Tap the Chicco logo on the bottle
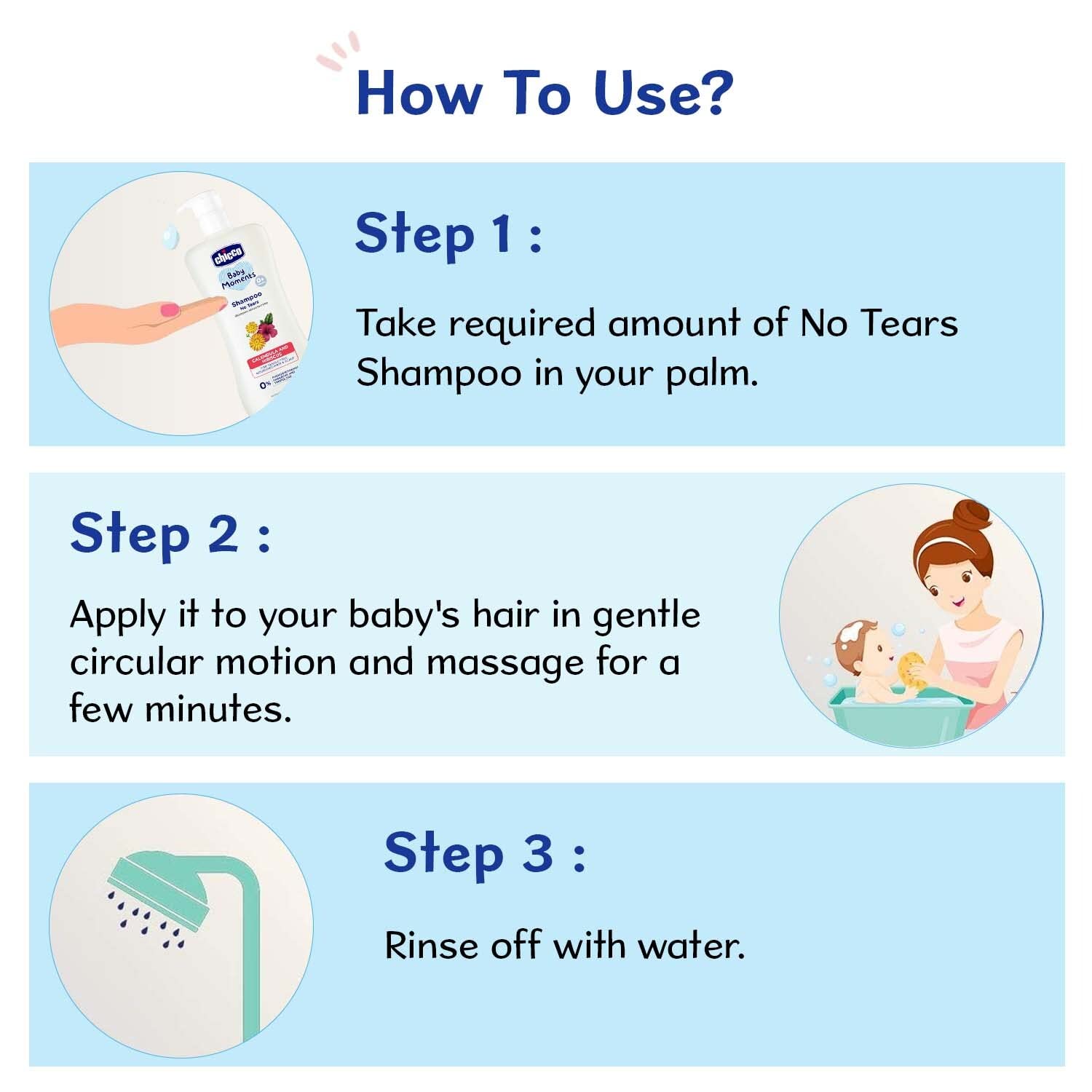coord(228,256)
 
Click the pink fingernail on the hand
coord(170,310)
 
